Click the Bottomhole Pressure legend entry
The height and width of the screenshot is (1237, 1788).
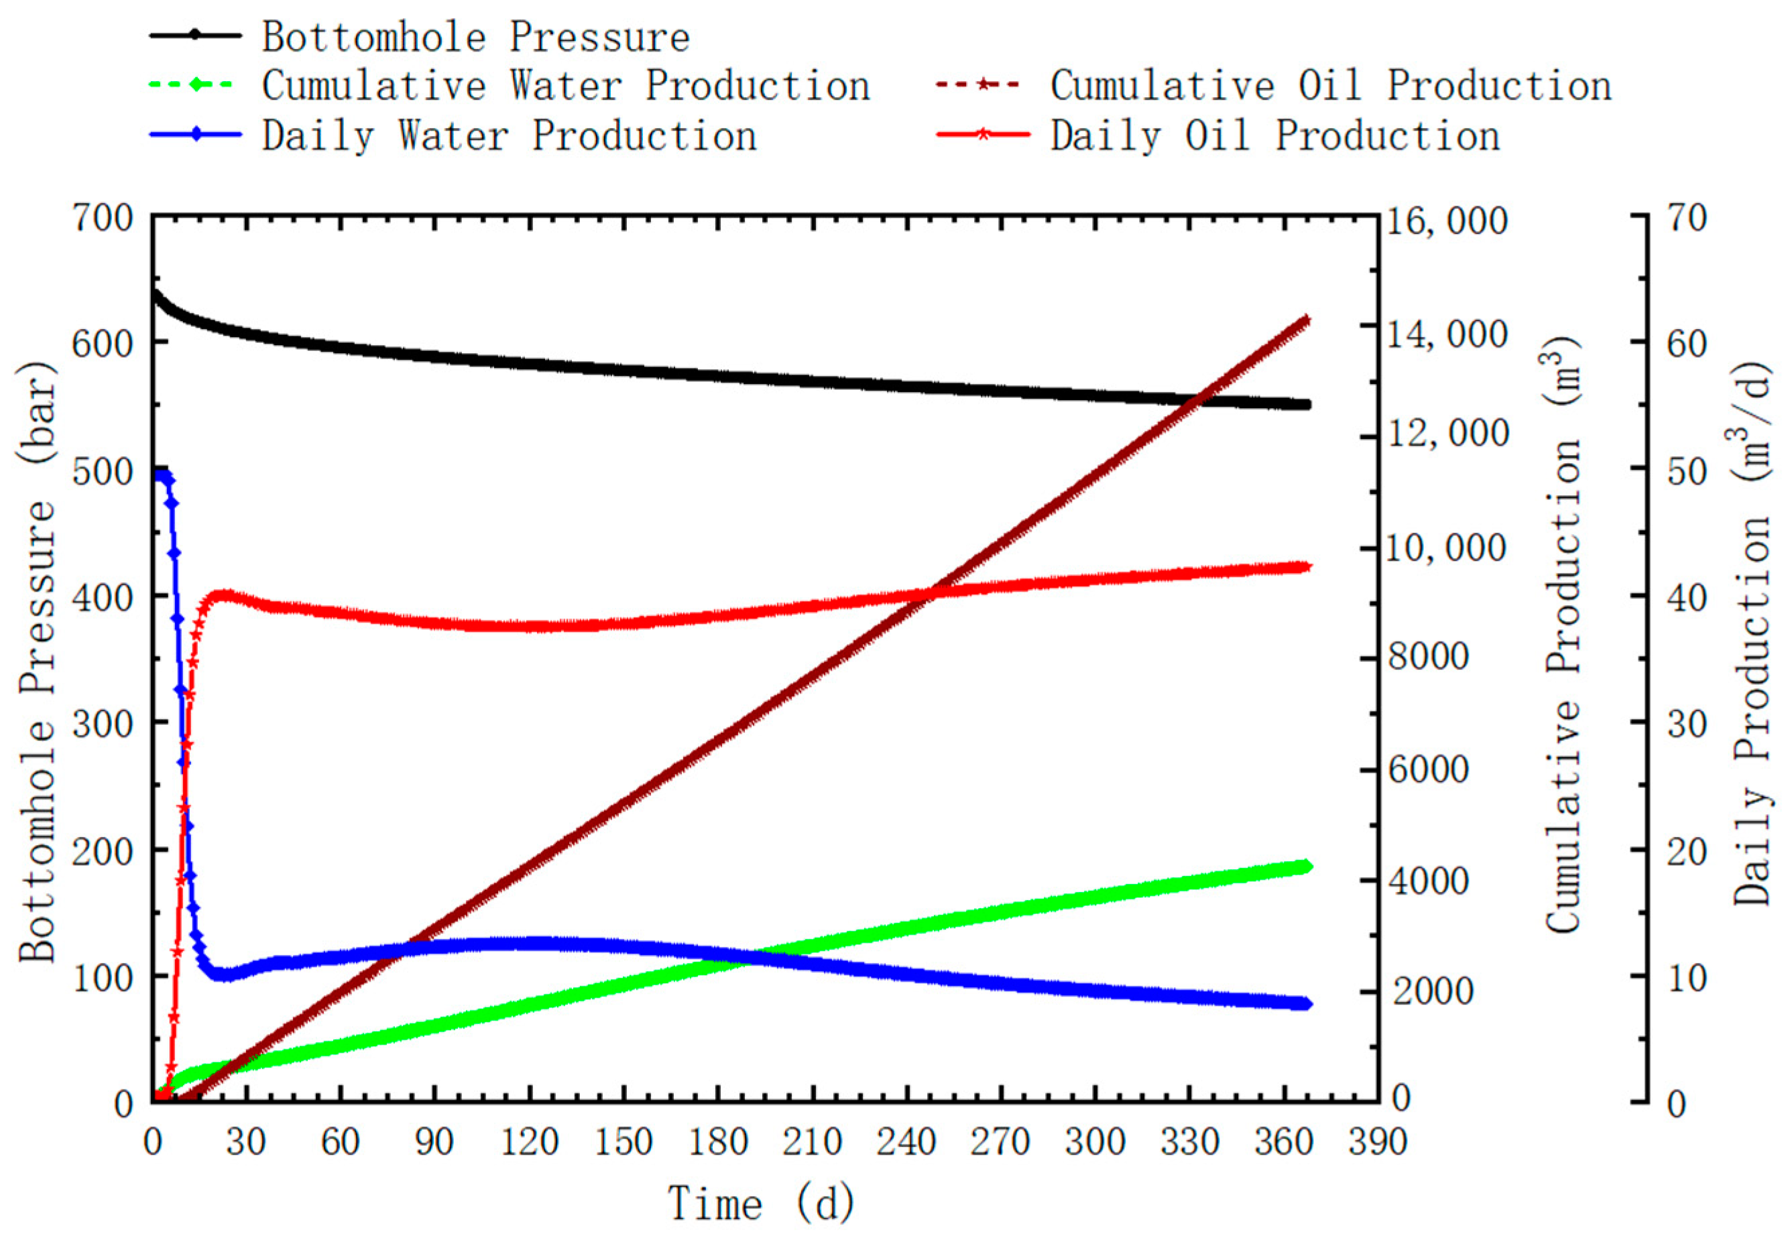pos(475,38)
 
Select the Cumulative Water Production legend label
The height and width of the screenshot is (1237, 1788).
pos(565,85)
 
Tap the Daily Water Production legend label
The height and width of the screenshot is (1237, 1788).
pos(509,135)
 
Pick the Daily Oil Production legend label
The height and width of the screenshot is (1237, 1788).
pos(1274,135)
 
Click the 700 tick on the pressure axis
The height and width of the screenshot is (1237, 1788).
pos(103,218)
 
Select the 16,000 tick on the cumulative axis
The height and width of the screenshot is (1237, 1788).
pos(1447,222)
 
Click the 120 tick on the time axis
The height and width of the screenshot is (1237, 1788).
pos(530,1143)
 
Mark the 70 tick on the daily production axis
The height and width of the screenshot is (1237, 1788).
pos(1687,218)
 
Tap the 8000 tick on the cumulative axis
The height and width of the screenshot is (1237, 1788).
pos(1428,657)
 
